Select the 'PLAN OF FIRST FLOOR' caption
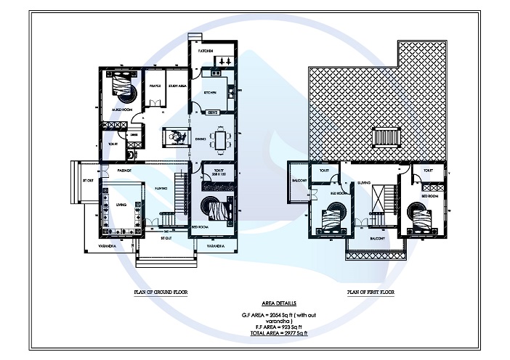coord(371,291)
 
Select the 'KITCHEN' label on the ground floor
coord(210,94)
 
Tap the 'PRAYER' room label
coord(155,86)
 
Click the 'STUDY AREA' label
coord(178,86)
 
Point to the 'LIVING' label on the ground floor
coord(121,205)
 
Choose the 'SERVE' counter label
coord(214,113)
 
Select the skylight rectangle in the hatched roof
coord(385,136)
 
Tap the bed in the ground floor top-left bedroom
coord(123,91)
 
